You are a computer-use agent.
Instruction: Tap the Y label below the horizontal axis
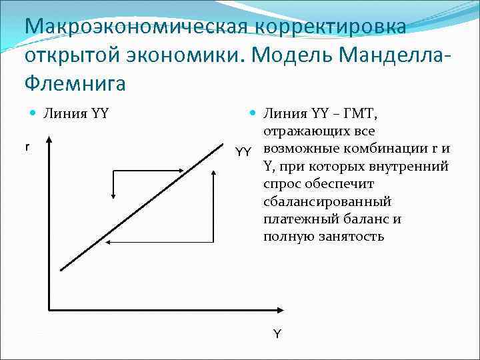(x=277, y=333)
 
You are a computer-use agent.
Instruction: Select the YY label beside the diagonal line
(x=243, y=152)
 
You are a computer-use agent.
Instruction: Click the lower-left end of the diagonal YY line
(x=61, y=269)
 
